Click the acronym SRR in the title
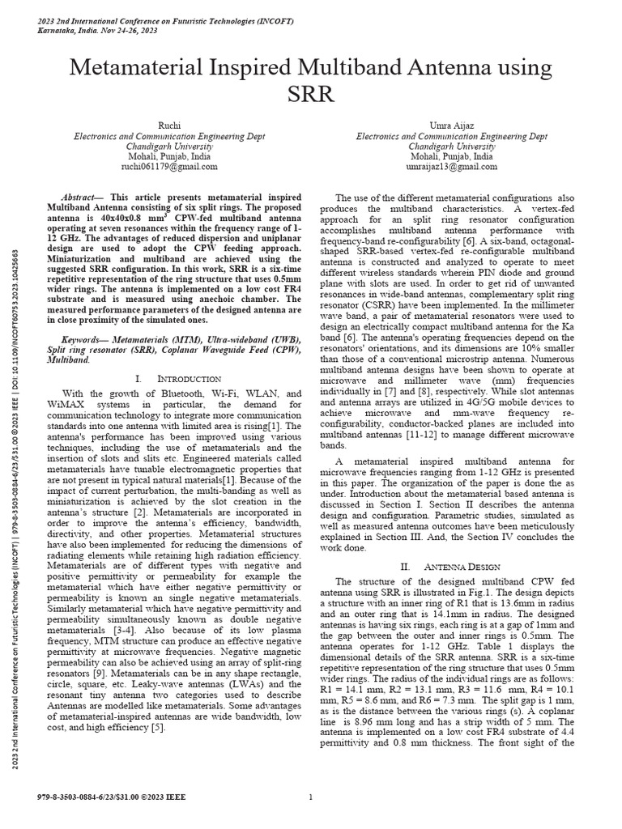click(x=310, y=95)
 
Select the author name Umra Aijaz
click(x=450, y=127)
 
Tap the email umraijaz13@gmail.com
click(x=451, y=167)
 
